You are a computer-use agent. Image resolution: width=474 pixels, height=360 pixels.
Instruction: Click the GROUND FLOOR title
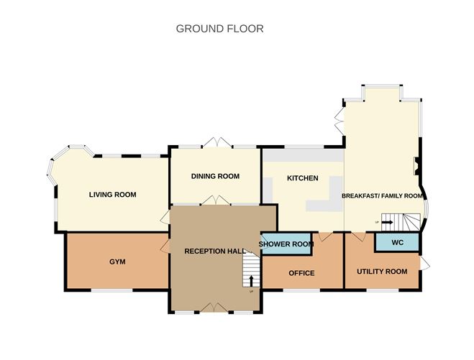click(x=220, y=29)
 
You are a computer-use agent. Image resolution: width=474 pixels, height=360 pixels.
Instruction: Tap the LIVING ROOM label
click(x=113, y=194)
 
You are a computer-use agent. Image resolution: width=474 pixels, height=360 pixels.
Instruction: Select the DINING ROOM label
click(x=215, y=176)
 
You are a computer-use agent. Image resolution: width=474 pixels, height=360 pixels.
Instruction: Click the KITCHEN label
click(x=302, y=178)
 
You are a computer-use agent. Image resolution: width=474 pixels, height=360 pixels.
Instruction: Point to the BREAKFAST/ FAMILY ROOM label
click(x=381, y=195)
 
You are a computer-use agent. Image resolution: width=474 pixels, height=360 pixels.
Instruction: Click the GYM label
click(x=117, y=262)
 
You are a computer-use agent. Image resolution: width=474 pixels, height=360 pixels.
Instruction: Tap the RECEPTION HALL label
click(x=214, y=251)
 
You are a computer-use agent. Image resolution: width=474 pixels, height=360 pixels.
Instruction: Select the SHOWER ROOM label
click(x=286, y=244)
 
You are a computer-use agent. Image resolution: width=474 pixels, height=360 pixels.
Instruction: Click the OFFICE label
click(x=301, y=273)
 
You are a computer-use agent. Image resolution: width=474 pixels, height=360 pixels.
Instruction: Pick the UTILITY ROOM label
click(x=382, y=272)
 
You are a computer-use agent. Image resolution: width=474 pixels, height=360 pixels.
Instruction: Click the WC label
click(x=397, y=243)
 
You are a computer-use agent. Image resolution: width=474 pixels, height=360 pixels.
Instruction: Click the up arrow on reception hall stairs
click(x=251, y=280)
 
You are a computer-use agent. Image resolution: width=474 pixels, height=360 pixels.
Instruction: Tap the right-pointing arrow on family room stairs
click(x=387, y=223)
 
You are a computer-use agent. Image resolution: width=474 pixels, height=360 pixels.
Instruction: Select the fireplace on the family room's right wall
click(x=415, y=165)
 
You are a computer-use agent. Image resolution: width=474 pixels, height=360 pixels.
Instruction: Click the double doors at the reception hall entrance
click(x=214, y=308)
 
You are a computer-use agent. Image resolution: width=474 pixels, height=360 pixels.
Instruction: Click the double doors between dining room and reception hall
click(x=214, y=200)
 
